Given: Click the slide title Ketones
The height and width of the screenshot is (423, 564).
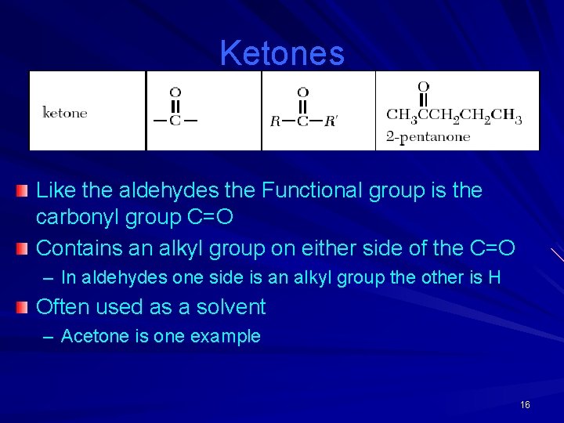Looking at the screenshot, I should pyautogui.click(x=282, y=53).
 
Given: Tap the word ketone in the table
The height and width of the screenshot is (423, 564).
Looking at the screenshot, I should pyautogui.click(x=64, y=113).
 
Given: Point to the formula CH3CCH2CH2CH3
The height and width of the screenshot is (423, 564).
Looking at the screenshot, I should pyautogui.click(x=454, y=117).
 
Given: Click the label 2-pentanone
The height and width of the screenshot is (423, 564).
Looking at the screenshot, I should pyautogui.click(x=428, y=137).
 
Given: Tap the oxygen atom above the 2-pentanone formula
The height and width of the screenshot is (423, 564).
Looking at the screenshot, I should pyautogui.click(x=423, y=86).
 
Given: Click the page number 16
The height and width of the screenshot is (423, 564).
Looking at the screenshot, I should pyautogui.click(x=525, y=405).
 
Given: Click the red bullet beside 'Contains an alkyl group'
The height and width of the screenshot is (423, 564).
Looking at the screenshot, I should pyautogui.click(x=23, y=249).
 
